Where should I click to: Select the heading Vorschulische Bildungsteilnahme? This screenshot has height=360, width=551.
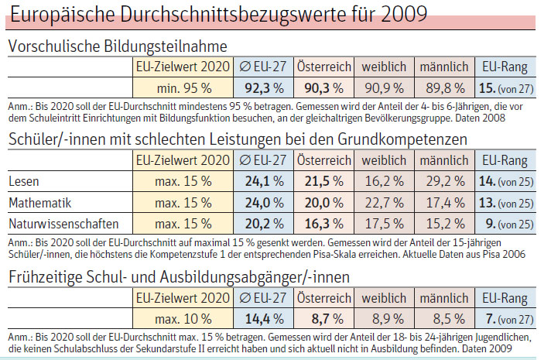[x=118, y=46]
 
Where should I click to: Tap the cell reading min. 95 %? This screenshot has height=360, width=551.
[x=184, y=88]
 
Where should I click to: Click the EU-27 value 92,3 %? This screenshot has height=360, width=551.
[x=264, y=88]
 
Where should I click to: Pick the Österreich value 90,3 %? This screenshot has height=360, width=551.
[x=323, y=88]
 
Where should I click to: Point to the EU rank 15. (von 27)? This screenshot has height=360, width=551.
[x=506, y=88]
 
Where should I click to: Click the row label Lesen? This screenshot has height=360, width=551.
[x=23, y=181]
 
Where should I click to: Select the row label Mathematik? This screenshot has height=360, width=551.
[x=39, y=203]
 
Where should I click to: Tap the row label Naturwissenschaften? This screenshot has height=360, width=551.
[x=63, y=224]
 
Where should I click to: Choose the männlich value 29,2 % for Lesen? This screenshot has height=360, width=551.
[x=445, y=181]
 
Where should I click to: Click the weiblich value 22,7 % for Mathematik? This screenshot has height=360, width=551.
[x=384, y=203]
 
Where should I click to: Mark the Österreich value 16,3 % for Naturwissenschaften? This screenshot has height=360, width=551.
[x=323, y=224]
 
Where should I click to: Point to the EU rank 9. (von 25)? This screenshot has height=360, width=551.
[x=509, y=225]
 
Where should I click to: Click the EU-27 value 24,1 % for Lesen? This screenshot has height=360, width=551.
[x=264, y=181]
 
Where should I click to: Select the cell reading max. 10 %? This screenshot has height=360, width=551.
[x=183, y=319]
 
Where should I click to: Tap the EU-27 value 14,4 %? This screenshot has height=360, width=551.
[x=264, y=319]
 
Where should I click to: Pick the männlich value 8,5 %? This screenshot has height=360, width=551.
[x=449, y=319]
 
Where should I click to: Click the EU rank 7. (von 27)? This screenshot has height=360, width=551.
[x=509, y=320]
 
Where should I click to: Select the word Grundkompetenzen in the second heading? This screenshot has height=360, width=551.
[x=402, y=139]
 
